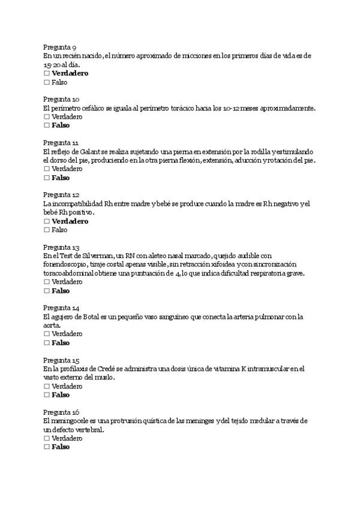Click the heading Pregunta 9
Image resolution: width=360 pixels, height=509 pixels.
59,47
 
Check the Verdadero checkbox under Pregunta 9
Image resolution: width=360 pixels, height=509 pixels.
47,73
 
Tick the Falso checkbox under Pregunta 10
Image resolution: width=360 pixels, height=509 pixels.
47,125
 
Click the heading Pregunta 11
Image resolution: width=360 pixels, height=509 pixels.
61,143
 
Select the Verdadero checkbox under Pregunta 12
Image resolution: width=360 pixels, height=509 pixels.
47,221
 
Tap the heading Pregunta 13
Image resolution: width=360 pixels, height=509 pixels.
61,247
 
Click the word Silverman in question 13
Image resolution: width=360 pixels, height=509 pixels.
89,256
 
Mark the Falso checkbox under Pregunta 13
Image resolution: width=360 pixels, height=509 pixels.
47,291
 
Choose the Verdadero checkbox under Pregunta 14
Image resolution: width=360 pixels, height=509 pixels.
47,334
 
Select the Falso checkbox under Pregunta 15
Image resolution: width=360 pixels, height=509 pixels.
47,395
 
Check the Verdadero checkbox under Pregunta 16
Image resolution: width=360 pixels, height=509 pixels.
47,438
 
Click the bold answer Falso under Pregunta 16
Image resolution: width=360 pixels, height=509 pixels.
61,447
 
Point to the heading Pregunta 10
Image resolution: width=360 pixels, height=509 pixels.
61,99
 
